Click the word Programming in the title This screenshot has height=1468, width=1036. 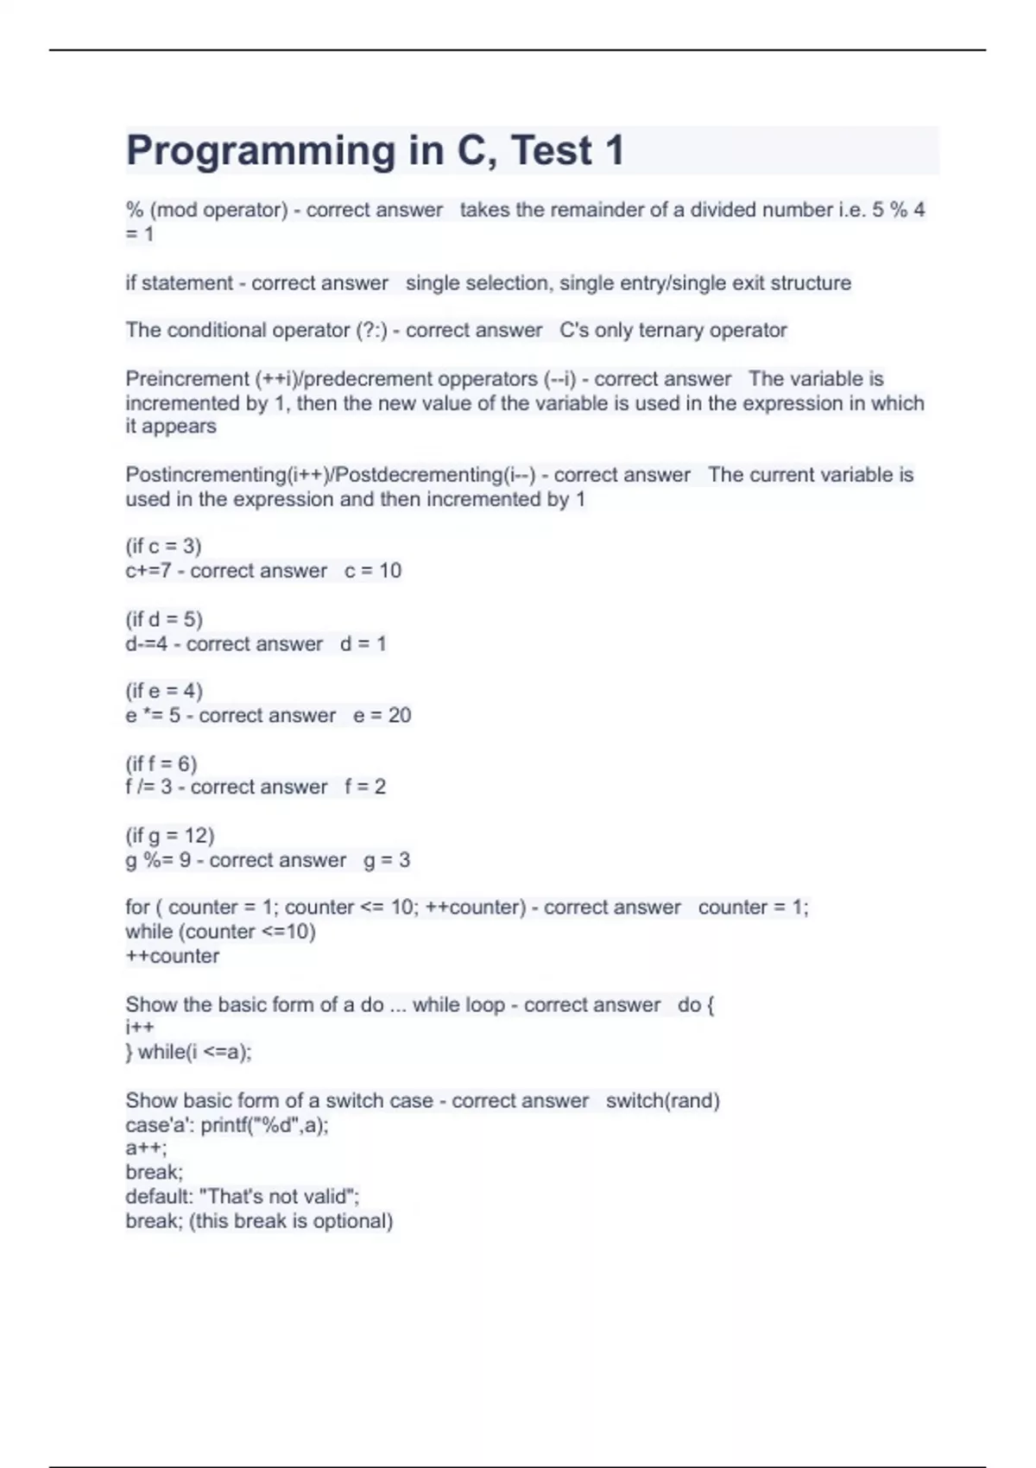260,152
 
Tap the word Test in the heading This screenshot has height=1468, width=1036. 552,150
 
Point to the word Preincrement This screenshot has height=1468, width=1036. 186,378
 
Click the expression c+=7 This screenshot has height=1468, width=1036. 148,571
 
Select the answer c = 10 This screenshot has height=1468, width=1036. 373,571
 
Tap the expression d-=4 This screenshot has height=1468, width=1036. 146,644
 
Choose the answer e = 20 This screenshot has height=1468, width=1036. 382,715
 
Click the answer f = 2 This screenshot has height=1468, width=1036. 365,787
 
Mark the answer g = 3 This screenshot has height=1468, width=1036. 387,860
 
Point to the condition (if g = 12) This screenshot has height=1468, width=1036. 170,835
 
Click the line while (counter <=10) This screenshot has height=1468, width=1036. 220,932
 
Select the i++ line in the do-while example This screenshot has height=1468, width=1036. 140,1028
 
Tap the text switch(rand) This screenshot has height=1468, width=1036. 662,1101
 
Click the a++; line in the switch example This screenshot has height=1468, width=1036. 146,1148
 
